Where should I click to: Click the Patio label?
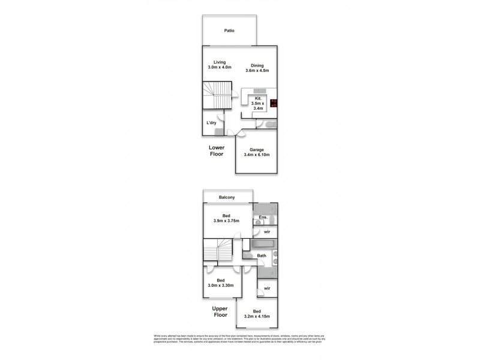tap(229, 30)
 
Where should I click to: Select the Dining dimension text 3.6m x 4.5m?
tap(257, 71)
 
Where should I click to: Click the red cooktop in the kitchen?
tap(274, 103)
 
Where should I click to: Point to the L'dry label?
tap(211, 123)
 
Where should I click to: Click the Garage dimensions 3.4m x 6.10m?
tap(257, 155)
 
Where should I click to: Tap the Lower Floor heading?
tap(216, 151)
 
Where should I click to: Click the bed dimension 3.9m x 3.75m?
tap(226, 220)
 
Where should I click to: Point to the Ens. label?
tap(262, 217)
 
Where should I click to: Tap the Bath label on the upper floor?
tap(262, 256)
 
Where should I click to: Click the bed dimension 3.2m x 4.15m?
tap(257, 315)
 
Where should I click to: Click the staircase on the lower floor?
tap(215, 95)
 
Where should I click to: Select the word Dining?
tap(257, 66)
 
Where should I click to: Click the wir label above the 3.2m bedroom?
tap(267, 288)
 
